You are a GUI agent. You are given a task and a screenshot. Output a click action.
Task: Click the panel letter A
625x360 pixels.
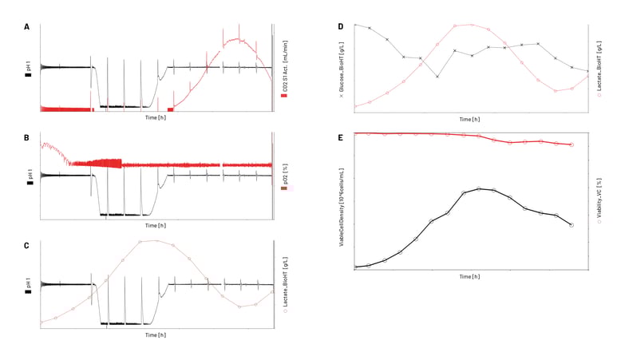(x=27, y=27)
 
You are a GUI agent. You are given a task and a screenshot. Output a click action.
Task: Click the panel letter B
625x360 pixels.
(x=27, y=138)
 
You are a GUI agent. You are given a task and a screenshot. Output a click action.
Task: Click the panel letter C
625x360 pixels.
(x=27, y=246)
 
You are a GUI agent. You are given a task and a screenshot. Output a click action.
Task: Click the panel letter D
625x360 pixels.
(x=341, y=27)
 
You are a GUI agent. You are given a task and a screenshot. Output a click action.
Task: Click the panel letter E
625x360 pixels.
(x=341, y=138)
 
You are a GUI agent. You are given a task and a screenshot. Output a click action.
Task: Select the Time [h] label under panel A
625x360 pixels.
(x=156, y=117)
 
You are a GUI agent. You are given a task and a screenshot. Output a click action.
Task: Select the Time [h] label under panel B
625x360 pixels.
(x=156, y=226)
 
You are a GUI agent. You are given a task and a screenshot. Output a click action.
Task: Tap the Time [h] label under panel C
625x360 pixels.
(x=156, y=335)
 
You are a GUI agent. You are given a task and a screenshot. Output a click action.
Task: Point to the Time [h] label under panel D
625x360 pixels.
(x=469, y=120)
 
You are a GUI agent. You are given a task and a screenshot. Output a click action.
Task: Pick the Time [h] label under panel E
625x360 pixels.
(x=469, y=276)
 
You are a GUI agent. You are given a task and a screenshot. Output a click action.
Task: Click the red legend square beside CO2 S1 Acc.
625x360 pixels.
(x=284, y=96)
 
